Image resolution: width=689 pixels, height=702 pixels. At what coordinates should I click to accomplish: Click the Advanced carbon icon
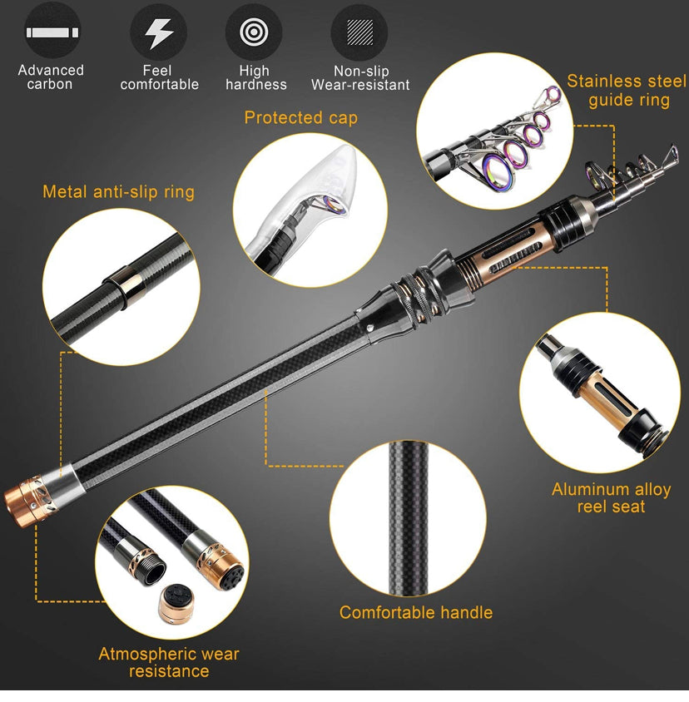pos(52,32)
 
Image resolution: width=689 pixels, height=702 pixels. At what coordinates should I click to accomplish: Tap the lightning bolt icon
pos(159,32)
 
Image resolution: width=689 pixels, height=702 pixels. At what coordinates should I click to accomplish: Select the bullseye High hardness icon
pos(254,32)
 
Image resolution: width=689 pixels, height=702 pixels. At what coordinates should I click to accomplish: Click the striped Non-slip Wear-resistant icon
pos(359,32)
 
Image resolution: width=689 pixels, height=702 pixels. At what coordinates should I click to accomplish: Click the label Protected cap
pos(300,118)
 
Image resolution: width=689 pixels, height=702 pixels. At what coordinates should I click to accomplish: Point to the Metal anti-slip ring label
pos(118,192)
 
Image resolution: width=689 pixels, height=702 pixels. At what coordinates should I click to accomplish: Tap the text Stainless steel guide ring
pos(627,91)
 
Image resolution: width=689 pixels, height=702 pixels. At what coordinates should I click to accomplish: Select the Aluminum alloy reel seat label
pos(611,497)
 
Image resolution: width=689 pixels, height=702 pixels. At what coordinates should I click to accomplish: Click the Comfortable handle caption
pos(415,613)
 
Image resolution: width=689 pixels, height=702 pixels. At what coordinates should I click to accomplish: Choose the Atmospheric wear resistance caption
pos(169,662)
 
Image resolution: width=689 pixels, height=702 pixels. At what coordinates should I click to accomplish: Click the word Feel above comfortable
pos(158,71)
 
